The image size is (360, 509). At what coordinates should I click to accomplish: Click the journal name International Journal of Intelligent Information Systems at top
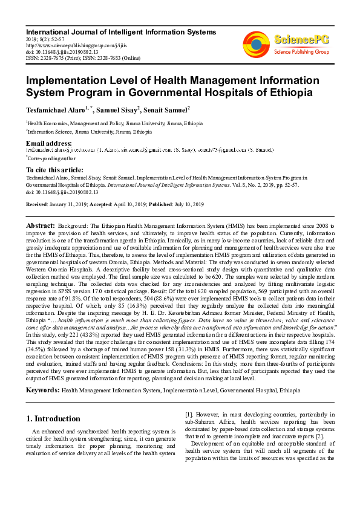click(113, 30)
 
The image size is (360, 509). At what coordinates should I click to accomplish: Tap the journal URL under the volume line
click(70, 44)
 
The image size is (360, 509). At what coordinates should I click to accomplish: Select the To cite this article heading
click(54, 170)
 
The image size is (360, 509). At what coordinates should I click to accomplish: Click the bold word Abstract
click(40, 225)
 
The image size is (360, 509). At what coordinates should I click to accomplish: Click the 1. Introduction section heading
click(55, 418)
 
